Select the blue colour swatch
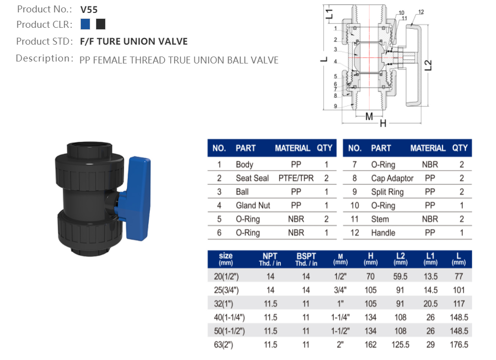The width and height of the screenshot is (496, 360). pyautogui.click(x=85, y=24)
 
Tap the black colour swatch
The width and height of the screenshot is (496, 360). pyautogui.click(x=101, y=24)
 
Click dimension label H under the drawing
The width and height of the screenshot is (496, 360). pyautogui.click(x=383, y=123)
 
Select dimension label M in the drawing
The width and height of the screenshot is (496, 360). pyautogui.click(x=369, y=117)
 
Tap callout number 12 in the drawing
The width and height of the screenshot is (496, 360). pyautogui.click(x=421, y=12)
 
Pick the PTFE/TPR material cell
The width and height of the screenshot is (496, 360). pyautogui.click(x=296, y=178)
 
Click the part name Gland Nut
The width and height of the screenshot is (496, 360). pyautogui.click(x=252, y=205)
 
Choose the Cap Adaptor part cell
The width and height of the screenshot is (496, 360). pyautogui.click(x=392, y=178)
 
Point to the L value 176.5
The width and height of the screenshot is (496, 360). pyautogui.click(x=459, y=345)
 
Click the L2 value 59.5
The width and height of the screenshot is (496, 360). pyautogui.click(x=400, y=277)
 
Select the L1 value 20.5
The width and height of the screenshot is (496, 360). pyautogui.click(x=431, y=304)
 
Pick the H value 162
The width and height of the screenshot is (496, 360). pyautogui.click(x=371, y=345)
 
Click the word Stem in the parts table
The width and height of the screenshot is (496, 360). pyautogui.click(x=380, y=219)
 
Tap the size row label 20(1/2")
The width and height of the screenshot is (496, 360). pyautogui.click(x=226, y=277)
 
